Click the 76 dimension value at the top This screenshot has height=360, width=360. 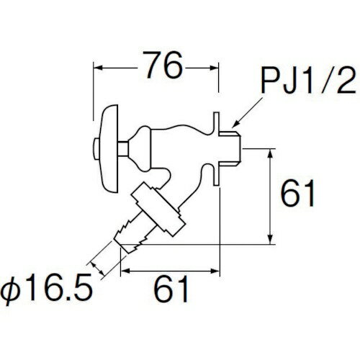point(164,65)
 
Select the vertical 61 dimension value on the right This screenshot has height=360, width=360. point(298,193)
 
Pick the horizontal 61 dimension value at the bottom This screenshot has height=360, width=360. point(171,289)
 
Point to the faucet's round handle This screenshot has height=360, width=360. point(109,149)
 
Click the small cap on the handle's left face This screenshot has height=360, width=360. point(96,149)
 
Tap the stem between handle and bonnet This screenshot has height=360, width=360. point(123,149)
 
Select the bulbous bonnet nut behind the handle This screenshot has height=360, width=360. point(140,149)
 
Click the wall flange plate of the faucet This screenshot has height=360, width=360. point(216,149)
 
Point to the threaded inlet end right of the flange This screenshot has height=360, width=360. point(230,149)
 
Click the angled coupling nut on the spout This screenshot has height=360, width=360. point(158,210)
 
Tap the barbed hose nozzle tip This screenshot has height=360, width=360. point(131,236)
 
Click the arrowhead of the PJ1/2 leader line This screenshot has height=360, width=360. point(235,124)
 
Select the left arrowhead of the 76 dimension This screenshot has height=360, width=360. point(98,68)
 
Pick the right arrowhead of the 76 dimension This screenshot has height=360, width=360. point(213,68)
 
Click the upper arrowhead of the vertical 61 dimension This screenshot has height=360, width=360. point(271,153)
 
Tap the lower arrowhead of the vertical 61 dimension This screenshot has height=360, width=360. point(271,239)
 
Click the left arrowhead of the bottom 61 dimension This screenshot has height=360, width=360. point(125,271)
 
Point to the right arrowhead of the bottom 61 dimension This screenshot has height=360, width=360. point(215,271)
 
